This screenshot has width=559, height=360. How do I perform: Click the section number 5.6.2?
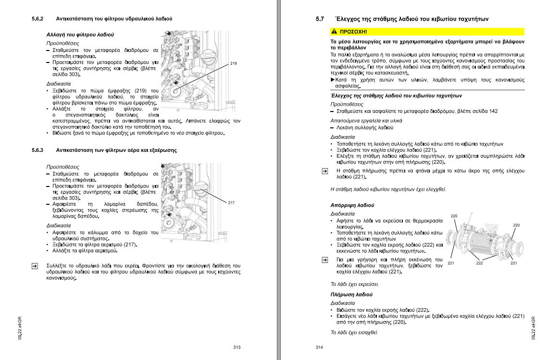point(37,19)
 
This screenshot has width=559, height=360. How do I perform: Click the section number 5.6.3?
point(37,150)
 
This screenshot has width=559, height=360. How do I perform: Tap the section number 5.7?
point(320,19)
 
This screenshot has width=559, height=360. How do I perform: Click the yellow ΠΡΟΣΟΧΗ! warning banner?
point(427,32)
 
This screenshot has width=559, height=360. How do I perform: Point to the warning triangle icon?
point(335,32)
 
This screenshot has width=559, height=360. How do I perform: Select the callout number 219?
point(234,63)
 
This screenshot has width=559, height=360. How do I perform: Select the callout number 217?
point(231,202)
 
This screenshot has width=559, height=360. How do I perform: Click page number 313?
point(236,348)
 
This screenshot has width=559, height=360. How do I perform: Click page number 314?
point(320,348)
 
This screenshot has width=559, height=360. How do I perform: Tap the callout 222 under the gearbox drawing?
point(479,263)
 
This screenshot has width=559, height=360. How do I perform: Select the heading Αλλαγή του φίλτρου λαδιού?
point(80,35)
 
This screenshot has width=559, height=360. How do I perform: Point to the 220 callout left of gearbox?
point(454,216)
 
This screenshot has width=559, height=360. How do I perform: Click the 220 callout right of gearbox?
point(516,225)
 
